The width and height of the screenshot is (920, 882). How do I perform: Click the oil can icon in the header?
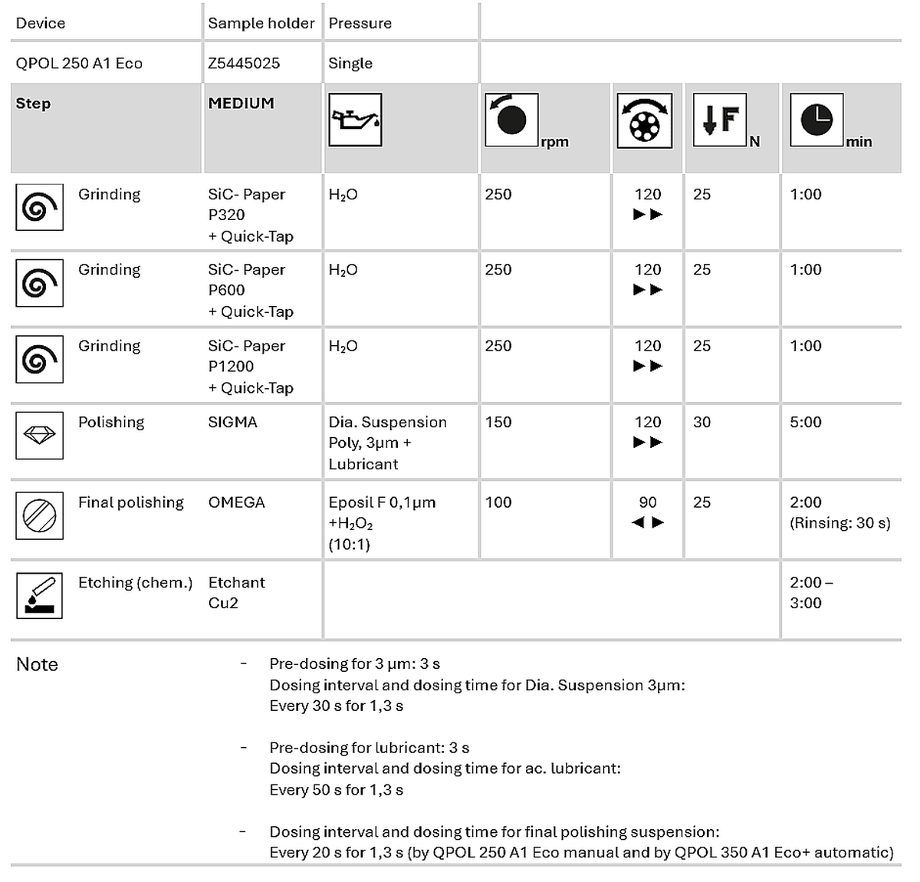355,120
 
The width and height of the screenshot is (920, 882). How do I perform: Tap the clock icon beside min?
816,120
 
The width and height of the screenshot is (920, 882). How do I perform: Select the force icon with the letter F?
720,120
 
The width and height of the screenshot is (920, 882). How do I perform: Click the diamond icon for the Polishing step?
39,436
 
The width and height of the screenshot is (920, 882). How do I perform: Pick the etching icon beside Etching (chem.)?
39,595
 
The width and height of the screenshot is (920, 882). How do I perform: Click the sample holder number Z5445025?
244,64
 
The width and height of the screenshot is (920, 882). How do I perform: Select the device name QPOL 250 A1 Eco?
79,64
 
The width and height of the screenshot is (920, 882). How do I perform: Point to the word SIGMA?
232,422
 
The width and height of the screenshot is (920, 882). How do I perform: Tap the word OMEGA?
236,502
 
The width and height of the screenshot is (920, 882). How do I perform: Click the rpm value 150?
498,422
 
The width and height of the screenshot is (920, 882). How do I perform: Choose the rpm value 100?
498,502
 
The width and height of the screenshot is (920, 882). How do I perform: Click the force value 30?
701,422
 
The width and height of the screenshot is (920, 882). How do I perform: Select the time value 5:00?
805,422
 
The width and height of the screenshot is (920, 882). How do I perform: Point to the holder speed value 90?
648,502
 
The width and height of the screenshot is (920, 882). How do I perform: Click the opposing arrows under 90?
648,522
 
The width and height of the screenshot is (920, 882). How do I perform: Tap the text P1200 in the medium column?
231,367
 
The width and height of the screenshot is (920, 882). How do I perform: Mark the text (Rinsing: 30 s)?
839,523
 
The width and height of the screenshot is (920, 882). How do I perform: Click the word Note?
37,664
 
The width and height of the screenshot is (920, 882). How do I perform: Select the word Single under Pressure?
350,64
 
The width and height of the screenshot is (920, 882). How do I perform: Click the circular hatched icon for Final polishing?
39,515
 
